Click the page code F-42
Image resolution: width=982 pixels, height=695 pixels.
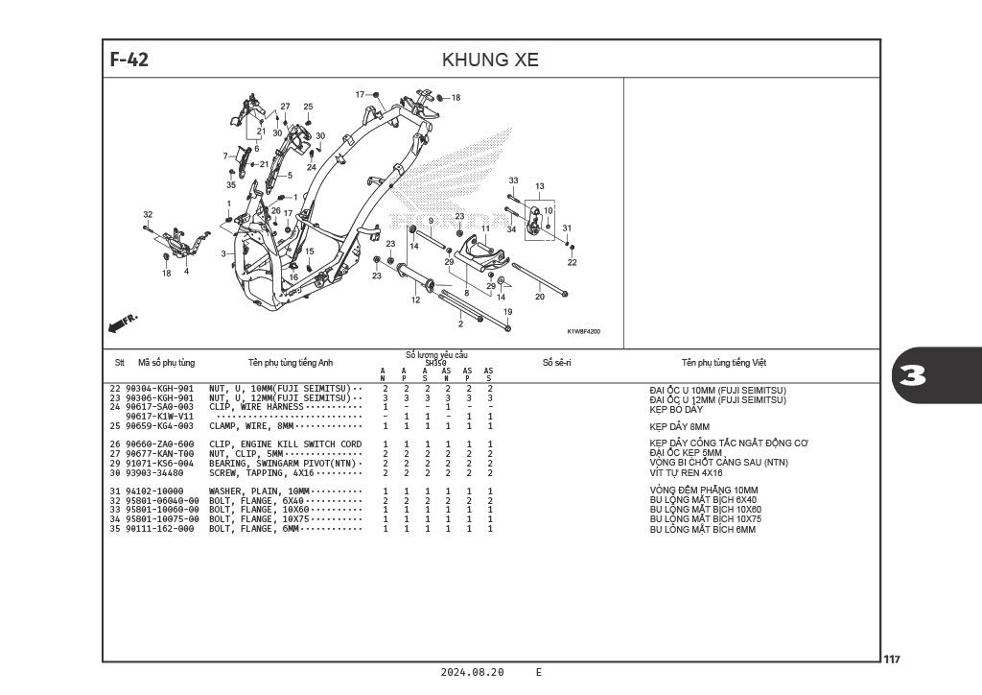(129, 60)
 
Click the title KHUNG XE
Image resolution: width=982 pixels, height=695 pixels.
(490, 60)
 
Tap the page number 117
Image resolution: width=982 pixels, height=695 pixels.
(892, 659)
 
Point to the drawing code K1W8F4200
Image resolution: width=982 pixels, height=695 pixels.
(583, 331)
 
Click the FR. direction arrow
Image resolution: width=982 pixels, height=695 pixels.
(124, 323)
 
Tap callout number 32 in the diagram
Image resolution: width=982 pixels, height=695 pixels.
(148, 214)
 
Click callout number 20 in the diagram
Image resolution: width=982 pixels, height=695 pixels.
(539, 297)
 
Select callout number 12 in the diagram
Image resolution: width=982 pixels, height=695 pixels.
(416, 300)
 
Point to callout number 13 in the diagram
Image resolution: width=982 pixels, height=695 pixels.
(540, 186)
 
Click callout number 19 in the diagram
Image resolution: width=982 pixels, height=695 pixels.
(507, 312)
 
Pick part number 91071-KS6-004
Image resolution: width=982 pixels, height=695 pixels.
(160, 464)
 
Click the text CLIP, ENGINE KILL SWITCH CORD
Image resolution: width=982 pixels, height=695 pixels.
(286, 444)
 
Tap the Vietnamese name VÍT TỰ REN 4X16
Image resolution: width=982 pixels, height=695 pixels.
(686, 473)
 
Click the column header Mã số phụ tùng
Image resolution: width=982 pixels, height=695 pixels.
(166, 363)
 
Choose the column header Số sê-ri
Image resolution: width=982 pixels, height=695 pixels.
(556, 363)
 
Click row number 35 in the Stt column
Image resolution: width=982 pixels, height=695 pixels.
(115, 529)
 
